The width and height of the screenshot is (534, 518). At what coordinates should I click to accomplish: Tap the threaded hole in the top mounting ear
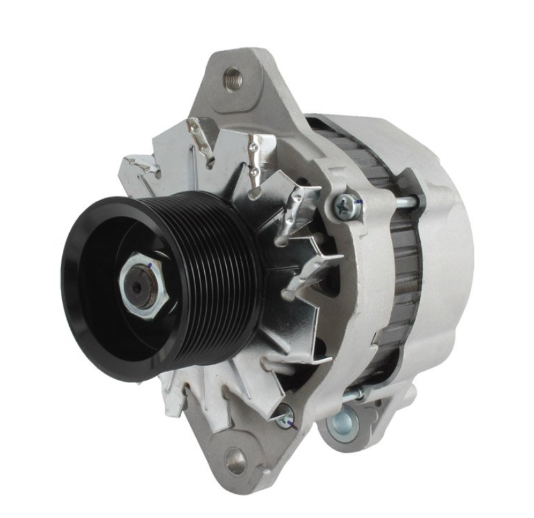[x=232, y=79]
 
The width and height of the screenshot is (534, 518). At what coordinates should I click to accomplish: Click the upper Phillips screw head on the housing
[x=346, y=205]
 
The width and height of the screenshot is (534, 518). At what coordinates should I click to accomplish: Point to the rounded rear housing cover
[x=448, y=256]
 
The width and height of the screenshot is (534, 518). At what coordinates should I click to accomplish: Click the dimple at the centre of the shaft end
[x=135, y=286]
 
